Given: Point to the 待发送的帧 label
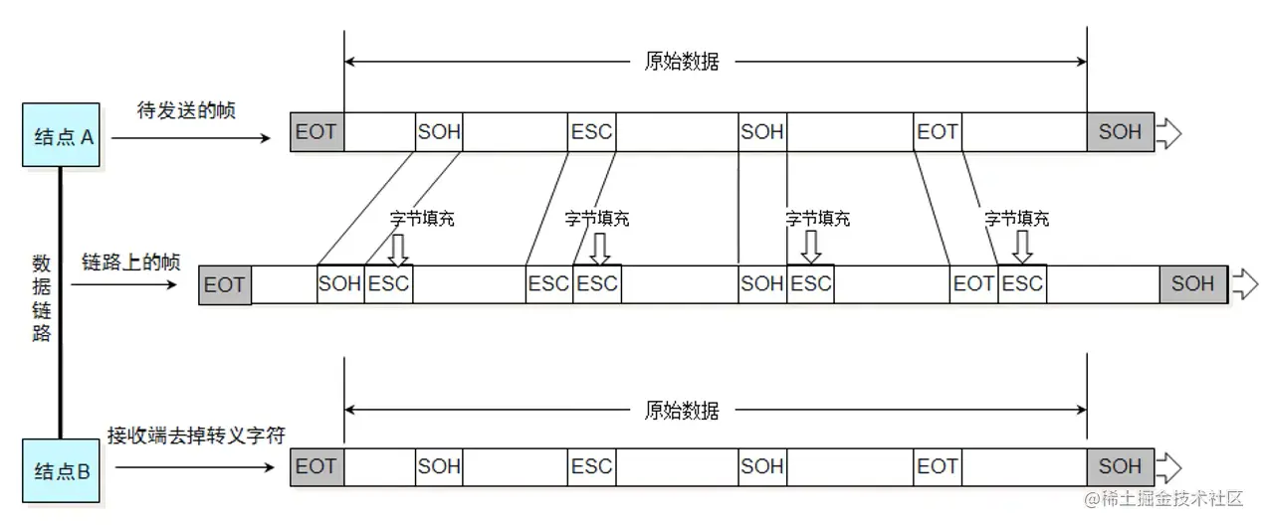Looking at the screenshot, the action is [x=187, y=110].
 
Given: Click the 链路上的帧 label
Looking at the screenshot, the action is [x=130, y=263].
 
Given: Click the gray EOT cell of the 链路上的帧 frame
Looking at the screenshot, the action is [x=224, y=284].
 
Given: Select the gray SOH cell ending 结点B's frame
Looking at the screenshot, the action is [x=1120, y=466].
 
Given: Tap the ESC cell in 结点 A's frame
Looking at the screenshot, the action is [x=591, y=131].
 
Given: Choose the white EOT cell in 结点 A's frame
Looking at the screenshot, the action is [x=937, y=131].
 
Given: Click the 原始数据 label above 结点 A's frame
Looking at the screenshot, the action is [x=682, y=61].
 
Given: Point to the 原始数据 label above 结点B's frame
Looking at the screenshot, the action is [x=682, y=410].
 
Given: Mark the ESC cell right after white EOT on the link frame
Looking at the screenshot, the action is [x=1022, y=284].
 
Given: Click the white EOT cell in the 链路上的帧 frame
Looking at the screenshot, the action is [x=973, y=284].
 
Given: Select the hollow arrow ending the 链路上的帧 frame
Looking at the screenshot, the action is [x=1244, y=283].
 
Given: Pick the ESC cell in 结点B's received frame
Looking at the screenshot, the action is [x=591, y=466].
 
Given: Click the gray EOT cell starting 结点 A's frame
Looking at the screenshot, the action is [x=316, y=131].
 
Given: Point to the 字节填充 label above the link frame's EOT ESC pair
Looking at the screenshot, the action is [x=1016, y=219].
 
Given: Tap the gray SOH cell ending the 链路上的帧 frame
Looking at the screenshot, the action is [x=1192, y=284].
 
